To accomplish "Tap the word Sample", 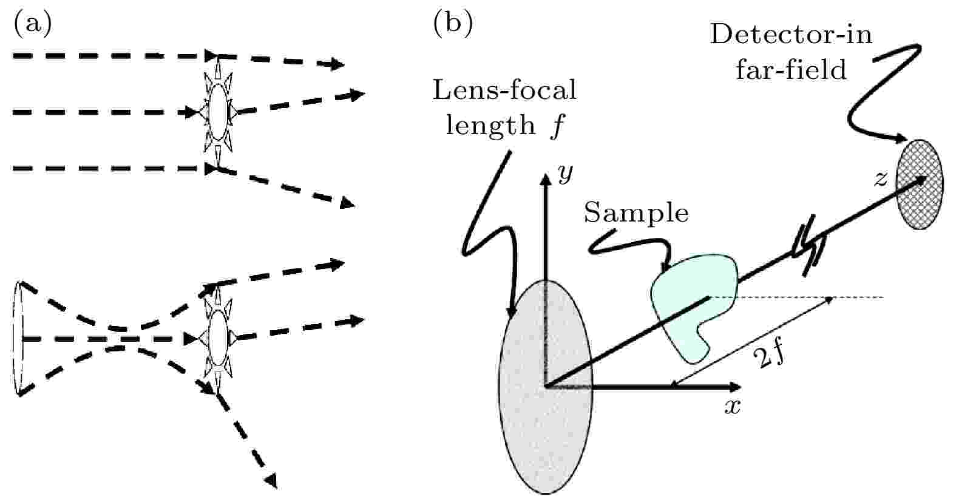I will tap(636, 213).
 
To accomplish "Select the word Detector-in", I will tap(790, 35).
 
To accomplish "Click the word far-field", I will tap(790, 70).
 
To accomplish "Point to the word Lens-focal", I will tap(504, 90).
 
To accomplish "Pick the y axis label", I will tap(565, 174).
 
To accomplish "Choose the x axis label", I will tap(733, 405).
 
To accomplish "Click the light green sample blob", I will tap(692, 304).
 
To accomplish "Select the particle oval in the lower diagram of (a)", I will tap(217, 337).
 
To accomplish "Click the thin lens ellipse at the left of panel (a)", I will tap(18, 337).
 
